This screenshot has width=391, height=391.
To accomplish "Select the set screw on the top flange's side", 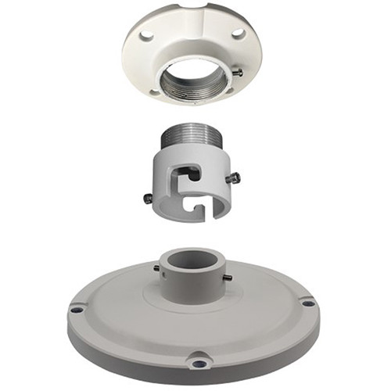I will (237, 73).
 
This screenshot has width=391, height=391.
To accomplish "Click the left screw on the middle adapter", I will (149, 198).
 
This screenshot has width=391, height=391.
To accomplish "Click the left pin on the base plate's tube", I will (156, 269).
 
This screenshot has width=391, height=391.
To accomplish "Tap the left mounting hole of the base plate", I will (76, 309).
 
